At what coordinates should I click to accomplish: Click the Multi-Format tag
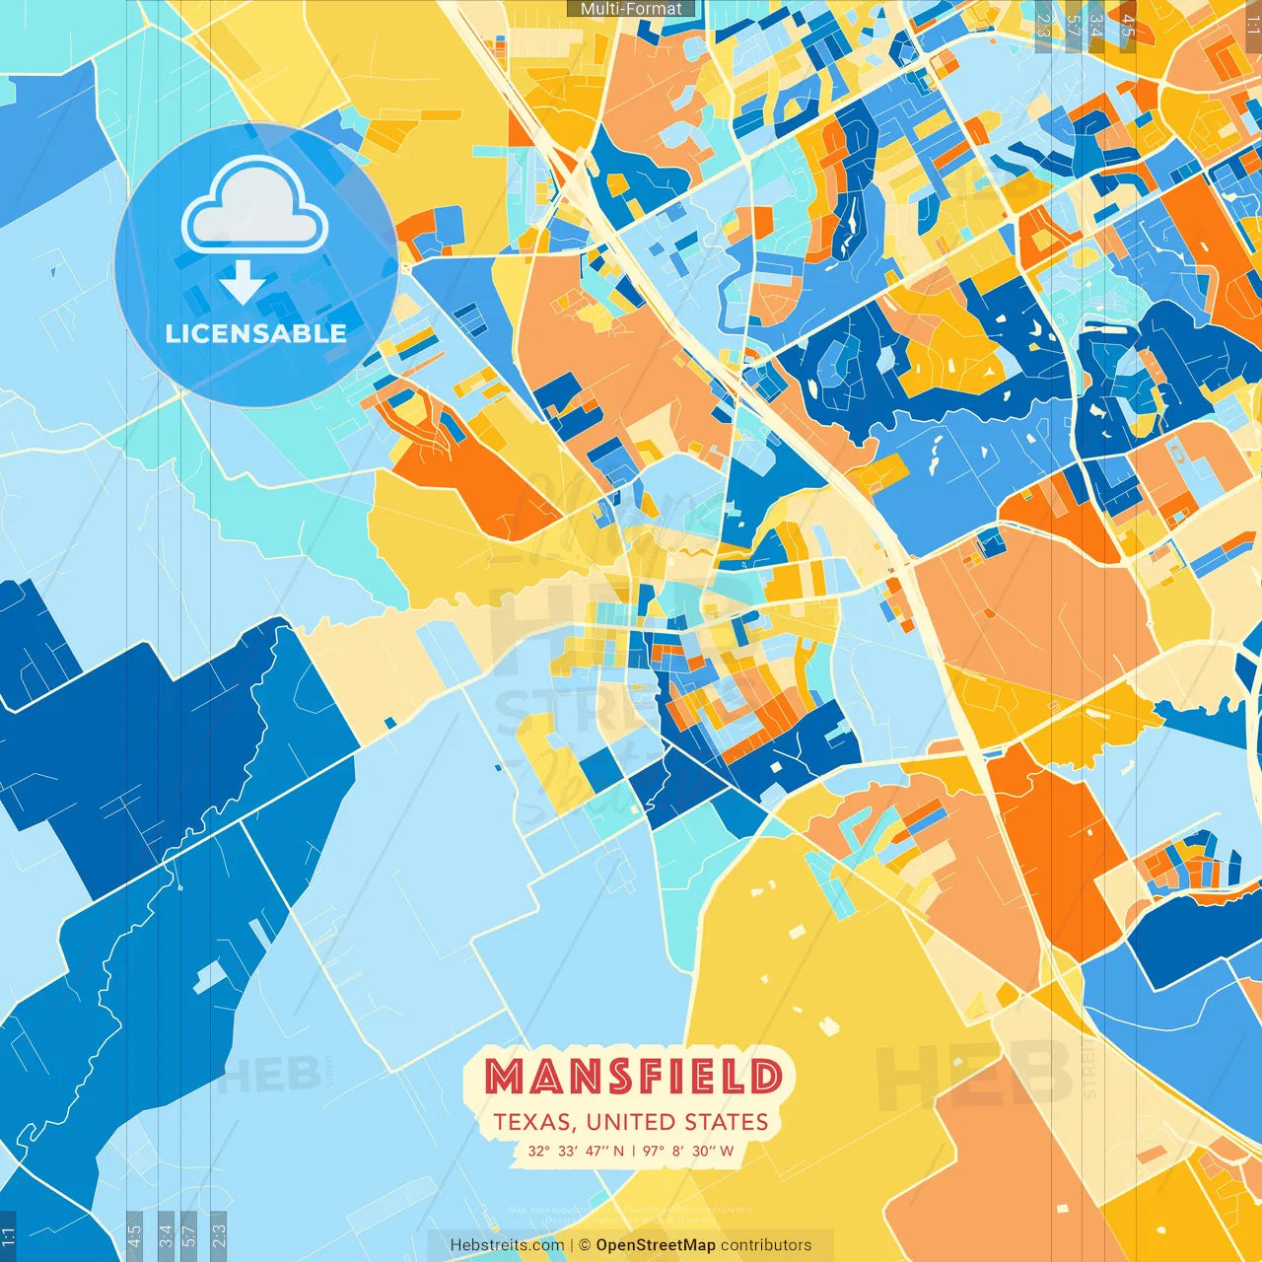631,9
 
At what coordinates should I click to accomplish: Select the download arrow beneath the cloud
243,283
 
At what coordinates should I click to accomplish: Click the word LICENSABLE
256,333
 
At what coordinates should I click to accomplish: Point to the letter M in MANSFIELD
506,1077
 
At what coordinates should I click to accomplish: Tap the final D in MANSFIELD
766,1077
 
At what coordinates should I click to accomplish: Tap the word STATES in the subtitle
725,1122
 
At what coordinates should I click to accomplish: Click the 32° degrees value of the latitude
538,1151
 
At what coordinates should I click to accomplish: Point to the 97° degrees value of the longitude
654,1151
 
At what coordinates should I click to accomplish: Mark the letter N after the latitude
618,1151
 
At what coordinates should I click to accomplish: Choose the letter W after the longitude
727,1151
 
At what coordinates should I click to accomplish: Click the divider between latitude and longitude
633,1151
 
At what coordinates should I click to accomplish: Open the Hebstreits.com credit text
507,1245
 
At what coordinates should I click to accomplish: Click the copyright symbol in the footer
584,1245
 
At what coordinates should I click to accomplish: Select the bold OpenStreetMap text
656,1245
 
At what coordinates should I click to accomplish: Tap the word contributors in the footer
766,1245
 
